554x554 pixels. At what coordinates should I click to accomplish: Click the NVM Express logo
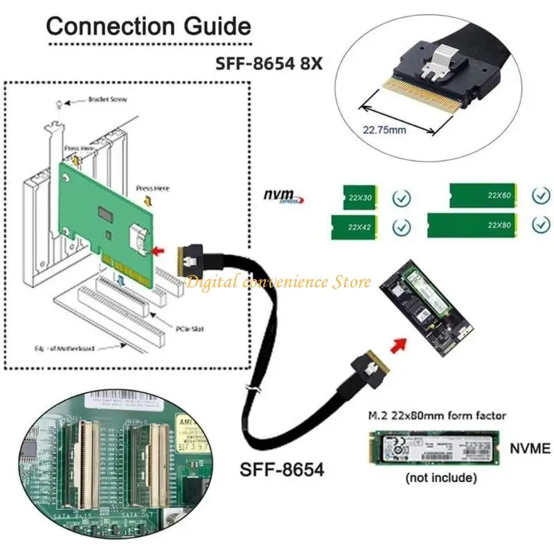(x=283, y=197)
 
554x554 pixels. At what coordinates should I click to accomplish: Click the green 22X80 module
(x=475, y=226)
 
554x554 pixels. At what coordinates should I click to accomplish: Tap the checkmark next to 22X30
(x=401, y=199)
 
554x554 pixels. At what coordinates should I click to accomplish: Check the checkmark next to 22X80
(x=540, y=225)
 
